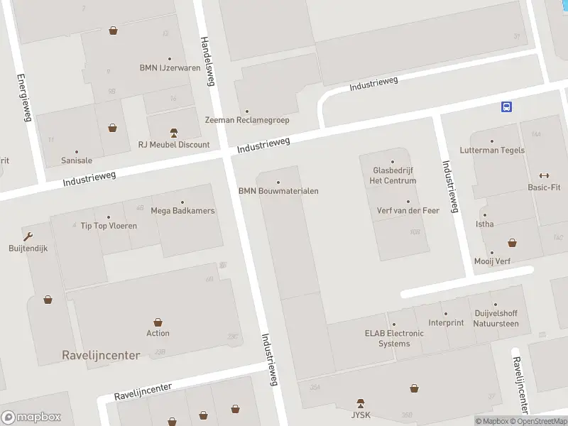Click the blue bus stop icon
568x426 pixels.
pos(506,106)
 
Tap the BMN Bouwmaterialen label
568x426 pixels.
pos(278,191)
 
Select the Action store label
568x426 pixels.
pos(158,333)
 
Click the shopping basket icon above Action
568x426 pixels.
pos(158,322)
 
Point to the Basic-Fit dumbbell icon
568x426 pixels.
pos(545,176)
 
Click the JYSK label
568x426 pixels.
pos(361,414)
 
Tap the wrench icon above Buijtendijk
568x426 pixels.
pos(28,236)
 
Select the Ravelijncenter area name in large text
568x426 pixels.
pos(101,355)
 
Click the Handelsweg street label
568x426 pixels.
pos(207,61)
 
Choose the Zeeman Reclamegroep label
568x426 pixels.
pos(247,120)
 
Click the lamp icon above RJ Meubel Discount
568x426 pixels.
pos(174,133)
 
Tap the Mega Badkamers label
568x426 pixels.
pos(182,211)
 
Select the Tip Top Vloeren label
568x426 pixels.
pos(109,226)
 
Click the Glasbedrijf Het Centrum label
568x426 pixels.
pos(393,175)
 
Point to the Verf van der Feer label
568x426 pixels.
pos(408,210)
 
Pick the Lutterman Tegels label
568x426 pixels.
pos(492,151)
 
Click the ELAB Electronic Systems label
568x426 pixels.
pos(394,338)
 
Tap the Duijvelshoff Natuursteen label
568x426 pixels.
pos(496,318)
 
